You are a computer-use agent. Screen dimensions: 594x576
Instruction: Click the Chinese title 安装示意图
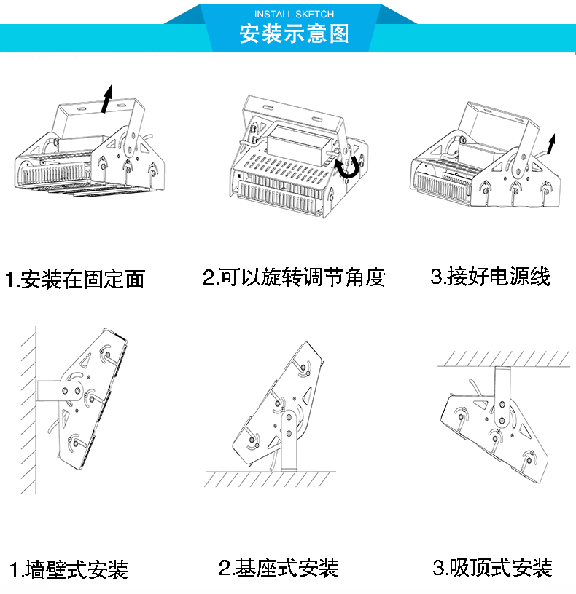(294, 34)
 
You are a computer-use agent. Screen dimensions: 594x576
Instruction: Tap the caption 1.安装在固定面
(75, 280)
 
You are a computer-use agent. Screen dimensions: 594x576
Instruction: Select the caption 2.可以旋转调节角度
(294, 277)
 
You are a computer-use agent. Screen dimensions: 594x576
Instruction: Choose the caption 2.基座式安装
(279, 568)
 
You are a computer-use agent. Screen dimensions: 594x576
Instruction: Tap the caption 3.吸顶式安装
(493, 568)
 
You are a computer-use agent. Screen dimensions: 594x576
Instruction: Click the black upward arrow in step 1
(107, 99)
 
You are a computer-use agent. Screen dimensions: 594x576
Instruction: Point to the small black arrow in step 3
(551, 143)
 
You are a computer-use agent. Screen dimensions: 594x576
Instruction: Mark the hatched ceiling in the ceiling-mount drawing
(503, 358)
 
